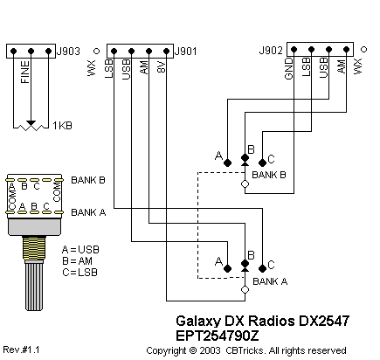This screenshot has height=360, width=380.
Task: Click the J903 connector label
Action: (x=68, y=52)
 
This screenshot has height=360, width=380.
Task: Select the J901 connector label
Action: (x=186, y=52)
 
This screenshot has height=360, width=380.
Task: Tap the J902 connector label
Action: (x=271, y=51)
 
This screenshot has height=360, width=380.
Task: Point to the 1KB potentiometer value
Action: (x=62, y=126)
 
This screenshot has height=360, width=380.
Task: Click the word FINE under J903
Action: (x=25, y=72)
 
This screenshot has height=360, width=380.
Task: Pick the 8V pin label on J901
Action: (x=162, y=67)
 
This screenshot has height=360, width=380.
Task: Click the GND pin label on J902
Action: (x=288, y=68)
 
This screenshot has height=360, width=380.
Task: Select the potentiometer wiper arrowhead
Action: (x=31, y=123)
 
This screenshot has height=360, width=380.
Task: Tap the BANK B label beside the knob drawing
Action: (x=88, y=180)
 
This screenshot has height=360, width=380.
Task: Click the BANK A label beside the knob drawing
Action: (x=88, y=212)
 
